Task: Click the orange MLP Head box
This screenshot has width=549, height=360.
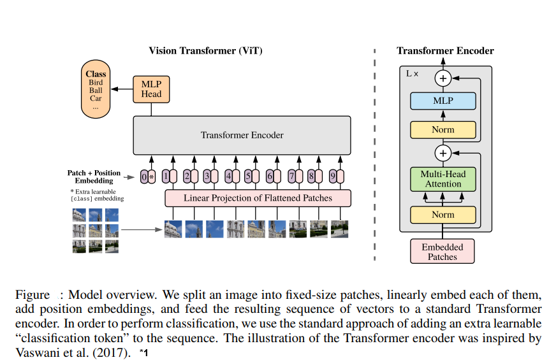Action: click(x=151, y=89)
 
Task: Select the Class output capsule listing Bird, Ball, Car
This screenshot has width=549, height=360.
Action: click(x=96, y=89)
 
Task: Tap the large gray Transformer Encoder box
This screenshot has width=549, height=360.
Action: click(x=242, y=135)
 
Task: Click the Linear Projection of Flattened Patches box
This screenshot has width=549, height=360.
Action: click(x=258, y=198)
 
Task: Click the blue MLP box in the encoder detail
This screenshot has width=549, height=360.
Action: click(x=443, y=101)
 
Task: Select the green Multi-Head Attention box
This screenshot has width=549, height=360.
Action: click(x=443, y=179)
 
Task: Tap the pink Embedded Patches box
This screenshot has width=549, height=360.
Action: click(x=443, y=252)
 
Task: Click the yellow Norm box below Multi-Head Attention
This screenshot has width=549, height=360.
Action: click(x=443, y=215)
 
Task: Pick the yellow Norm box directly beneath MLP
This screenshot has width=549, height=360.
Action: click(x=443, y=130)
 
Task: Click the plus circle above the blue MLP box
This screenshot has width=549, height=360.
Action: click(x=443, y=78)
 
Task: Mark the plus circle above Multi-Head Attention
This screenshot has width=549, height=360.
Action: click(x=443, y=153)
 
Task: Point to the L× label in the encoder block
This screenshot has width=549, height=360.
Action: click(x=412, y=74)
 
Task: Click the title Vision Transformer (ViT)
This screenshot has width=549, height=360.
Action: click(x=205, y=51)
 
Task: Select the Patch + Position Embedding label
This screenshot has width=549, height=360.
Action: click(x=94, y=176)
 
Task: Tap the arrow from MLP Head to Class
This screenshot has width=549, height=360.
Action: click(x=122, y=89)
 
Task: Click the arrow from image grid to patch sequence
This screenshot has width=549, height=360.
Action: click(x=142, y=230)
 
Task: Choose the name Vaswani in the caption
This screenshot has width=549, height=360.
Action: click(x=37, y=352)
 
